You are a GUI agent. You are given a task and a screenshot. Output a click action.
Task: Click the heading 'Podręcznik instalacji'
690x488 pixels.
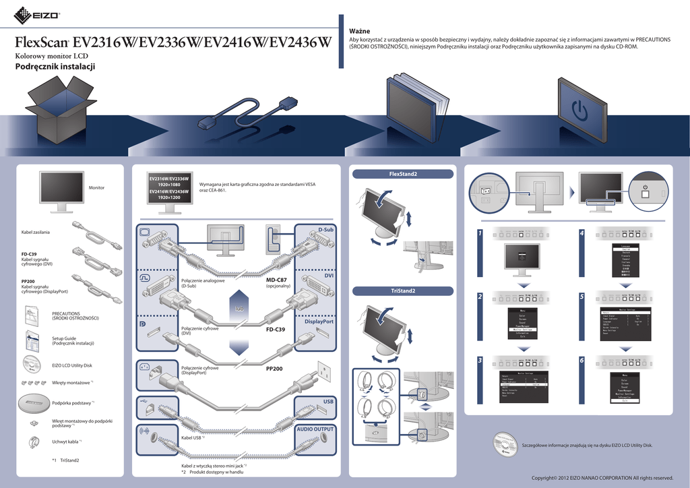click(x=55, y=67)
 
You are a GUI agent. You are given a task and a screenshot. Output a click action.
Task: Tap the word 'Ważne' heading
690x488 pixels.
click(x=359, y=31)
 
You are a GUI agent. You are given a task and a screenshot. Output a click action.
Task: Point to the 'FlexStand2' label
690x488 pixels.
click(x=403, y=175)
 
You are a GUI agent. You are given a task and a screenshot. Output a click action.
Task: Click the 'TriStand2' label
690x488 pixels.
click(x=403, y=291)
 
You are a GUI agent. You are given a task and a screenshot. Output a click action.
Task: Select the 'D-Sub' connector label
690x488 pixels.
click(x=326, y=231)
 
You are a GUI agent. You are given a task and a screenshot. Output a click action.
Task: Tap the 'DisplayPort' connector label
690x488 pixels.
click(x=319, y=322)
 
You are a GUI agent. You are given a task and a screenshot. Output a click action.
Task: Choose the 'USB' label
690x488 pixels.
click(x=328, y=401)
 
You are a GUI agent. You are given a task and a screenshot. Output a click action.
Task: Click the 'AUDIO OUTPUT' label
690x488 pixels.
click(x=315, y=429)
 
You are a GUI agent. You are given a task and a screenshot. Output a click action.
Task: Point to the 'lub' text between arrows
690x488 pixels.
click(x=239, y=309)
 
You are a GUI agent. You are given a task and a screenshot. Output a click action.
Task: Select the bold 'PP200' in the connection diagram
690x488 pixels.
click(x=274, y=369)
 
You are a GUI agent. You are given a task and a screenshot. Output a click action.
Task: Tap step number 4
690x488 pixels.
click(x=582, y=233)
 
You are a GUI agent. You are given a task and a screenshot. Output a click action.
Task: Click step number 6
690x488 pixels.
click(x=582, y=360)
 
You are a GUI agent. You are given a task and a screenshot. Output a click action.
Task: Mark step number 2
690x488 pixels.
click(x=480, y=297)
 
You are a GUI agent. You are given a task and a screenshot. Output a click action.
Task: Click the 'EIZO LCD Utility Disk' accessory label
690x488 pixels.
click(x=72, y=365)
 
